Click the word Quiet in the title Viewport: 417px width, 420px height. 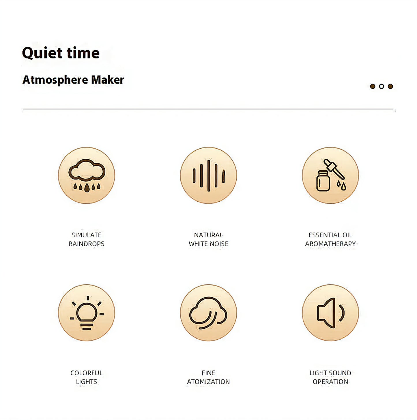click(x=42, y=53)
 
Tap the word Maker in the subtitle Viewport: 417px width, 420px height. click(x=107, y=80)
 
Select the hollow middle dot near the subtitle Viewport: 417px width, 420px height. click(x=381, y=86)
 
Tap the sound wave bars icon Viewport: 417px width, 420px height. click(x=208, y=175)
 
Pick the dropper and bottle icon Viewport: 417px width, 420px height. click(x=330, y=175)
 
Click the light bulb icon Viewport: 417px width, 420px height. click(x=87, y=313)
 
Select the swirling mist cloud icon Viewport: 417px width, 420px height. click(x=208, y=313)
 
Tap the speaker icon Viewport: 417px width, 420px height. click(x=330, y=313)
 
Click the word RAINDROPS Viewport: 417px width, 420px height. click(x=87, y=244)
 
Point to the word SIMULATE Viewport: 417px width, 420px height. click(x=87, y=235)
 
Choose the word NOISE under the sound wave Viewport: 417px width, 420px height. click(x=219, y=244)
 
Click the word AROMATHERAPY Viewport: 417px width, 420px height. click(x=330, y=244)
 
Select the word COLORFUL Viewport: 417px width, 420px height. click(x=87, y=373)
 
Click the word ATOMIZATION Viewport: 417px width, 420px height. click(x=208, y=382)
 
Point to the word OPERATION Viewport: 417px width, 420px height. click(x=330, y=382)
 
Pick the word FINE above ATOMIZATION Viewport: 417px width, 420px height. click(x=208, y=373)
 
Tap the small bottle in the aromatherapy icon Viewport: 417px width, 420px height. click(x=323, y=181)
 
